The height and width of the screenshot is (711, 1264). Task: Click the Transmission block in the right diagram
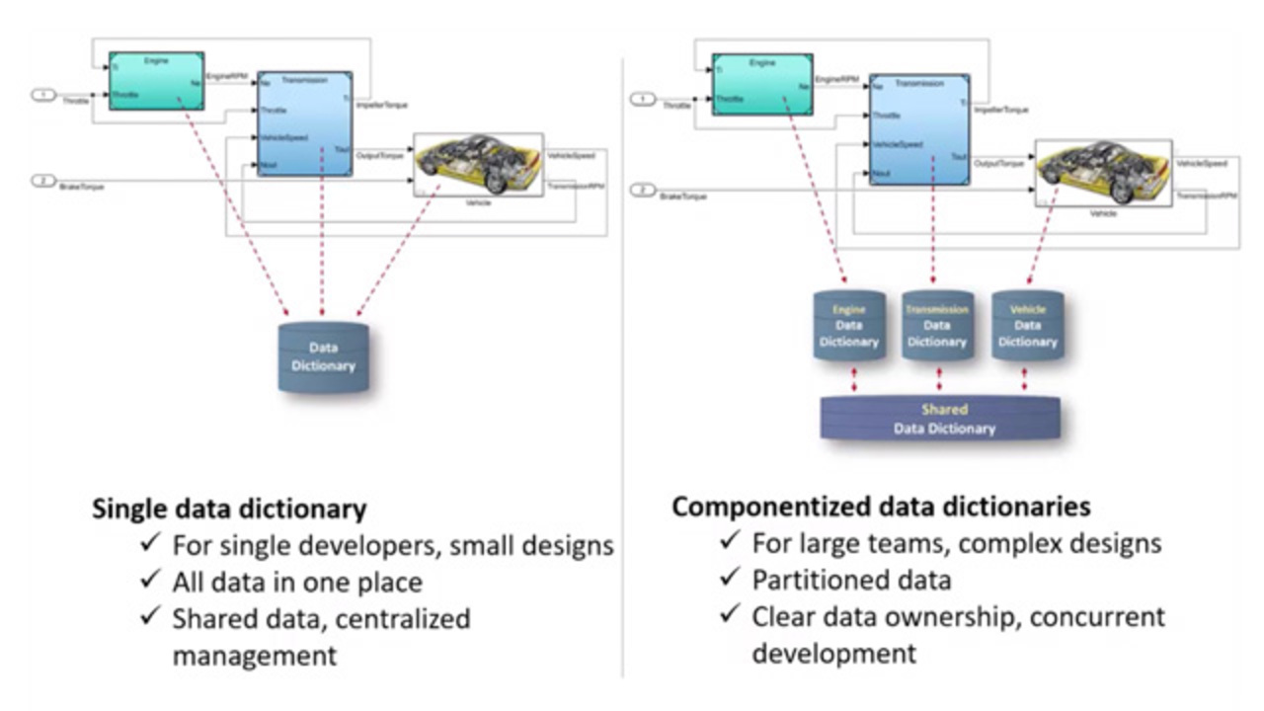(x=919, y=128)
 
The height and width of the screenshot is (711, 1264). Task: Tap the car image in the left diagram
(x=478, y=164)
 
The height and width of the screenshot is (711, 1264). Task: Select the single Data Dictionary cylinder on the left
(x=323, y=356)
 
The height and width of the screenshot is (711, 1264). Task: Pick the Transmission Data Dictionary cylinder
(x=937, y=326)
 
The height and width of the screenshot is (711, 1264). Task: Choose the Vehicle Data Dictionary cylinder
(x=1027, y=326)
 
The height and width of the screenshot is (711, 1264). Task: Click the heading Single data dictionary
(x=229, y=509)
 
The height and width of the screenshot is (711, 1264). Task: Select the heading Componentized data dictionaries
(x=881, y=507)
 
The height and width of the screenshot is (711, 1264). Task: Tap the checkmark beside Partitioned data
(x=731, y=579)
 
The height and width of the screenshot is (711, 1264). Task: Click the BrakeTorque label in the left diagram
(x=82, y=186)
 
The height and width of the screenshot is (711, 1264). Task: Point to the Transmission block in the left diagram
(x=304, y=123)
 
